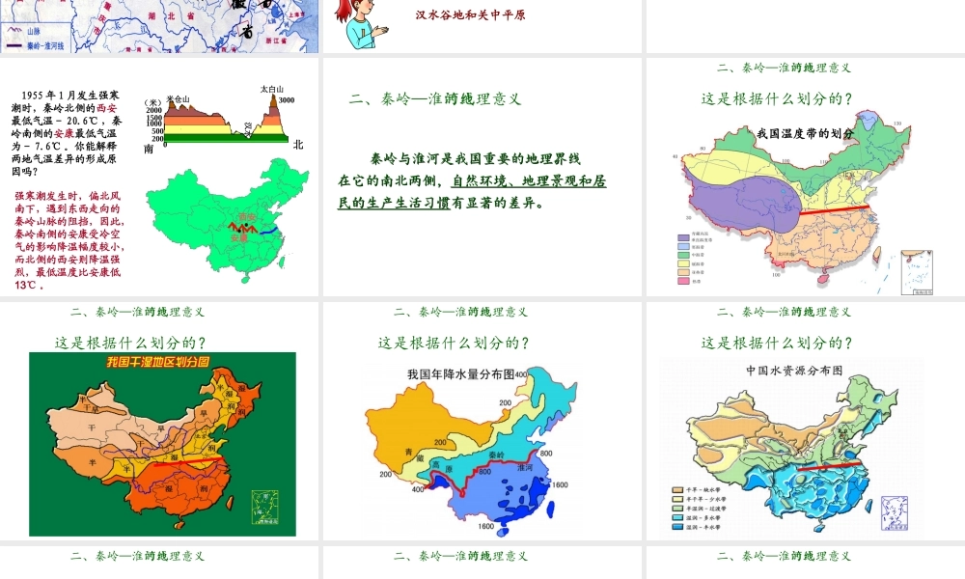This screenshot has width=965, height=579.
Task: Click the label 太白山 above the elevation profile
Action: pos(271,90)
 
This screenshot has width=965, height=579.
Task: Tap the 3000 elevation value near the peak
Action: pos(287,100)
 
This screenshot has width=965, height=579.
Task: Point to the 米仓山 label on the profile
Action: pos(179,98)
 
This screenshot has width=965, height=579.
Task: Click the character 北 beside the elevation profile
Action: pos(298,146)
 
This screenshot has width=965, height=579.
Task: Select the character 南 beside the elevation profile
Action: pos(148,149)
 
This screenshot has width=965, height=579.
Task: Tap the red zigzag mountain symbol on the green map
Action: pos(239,230)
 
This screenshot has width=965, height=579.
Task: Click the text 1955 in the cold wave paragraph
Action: pos(32,96)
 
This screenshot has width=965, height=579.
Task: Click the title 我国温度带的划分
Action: pos(804,133)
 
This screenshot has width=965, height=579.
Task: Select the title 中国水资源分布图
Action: pos(786,371)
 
